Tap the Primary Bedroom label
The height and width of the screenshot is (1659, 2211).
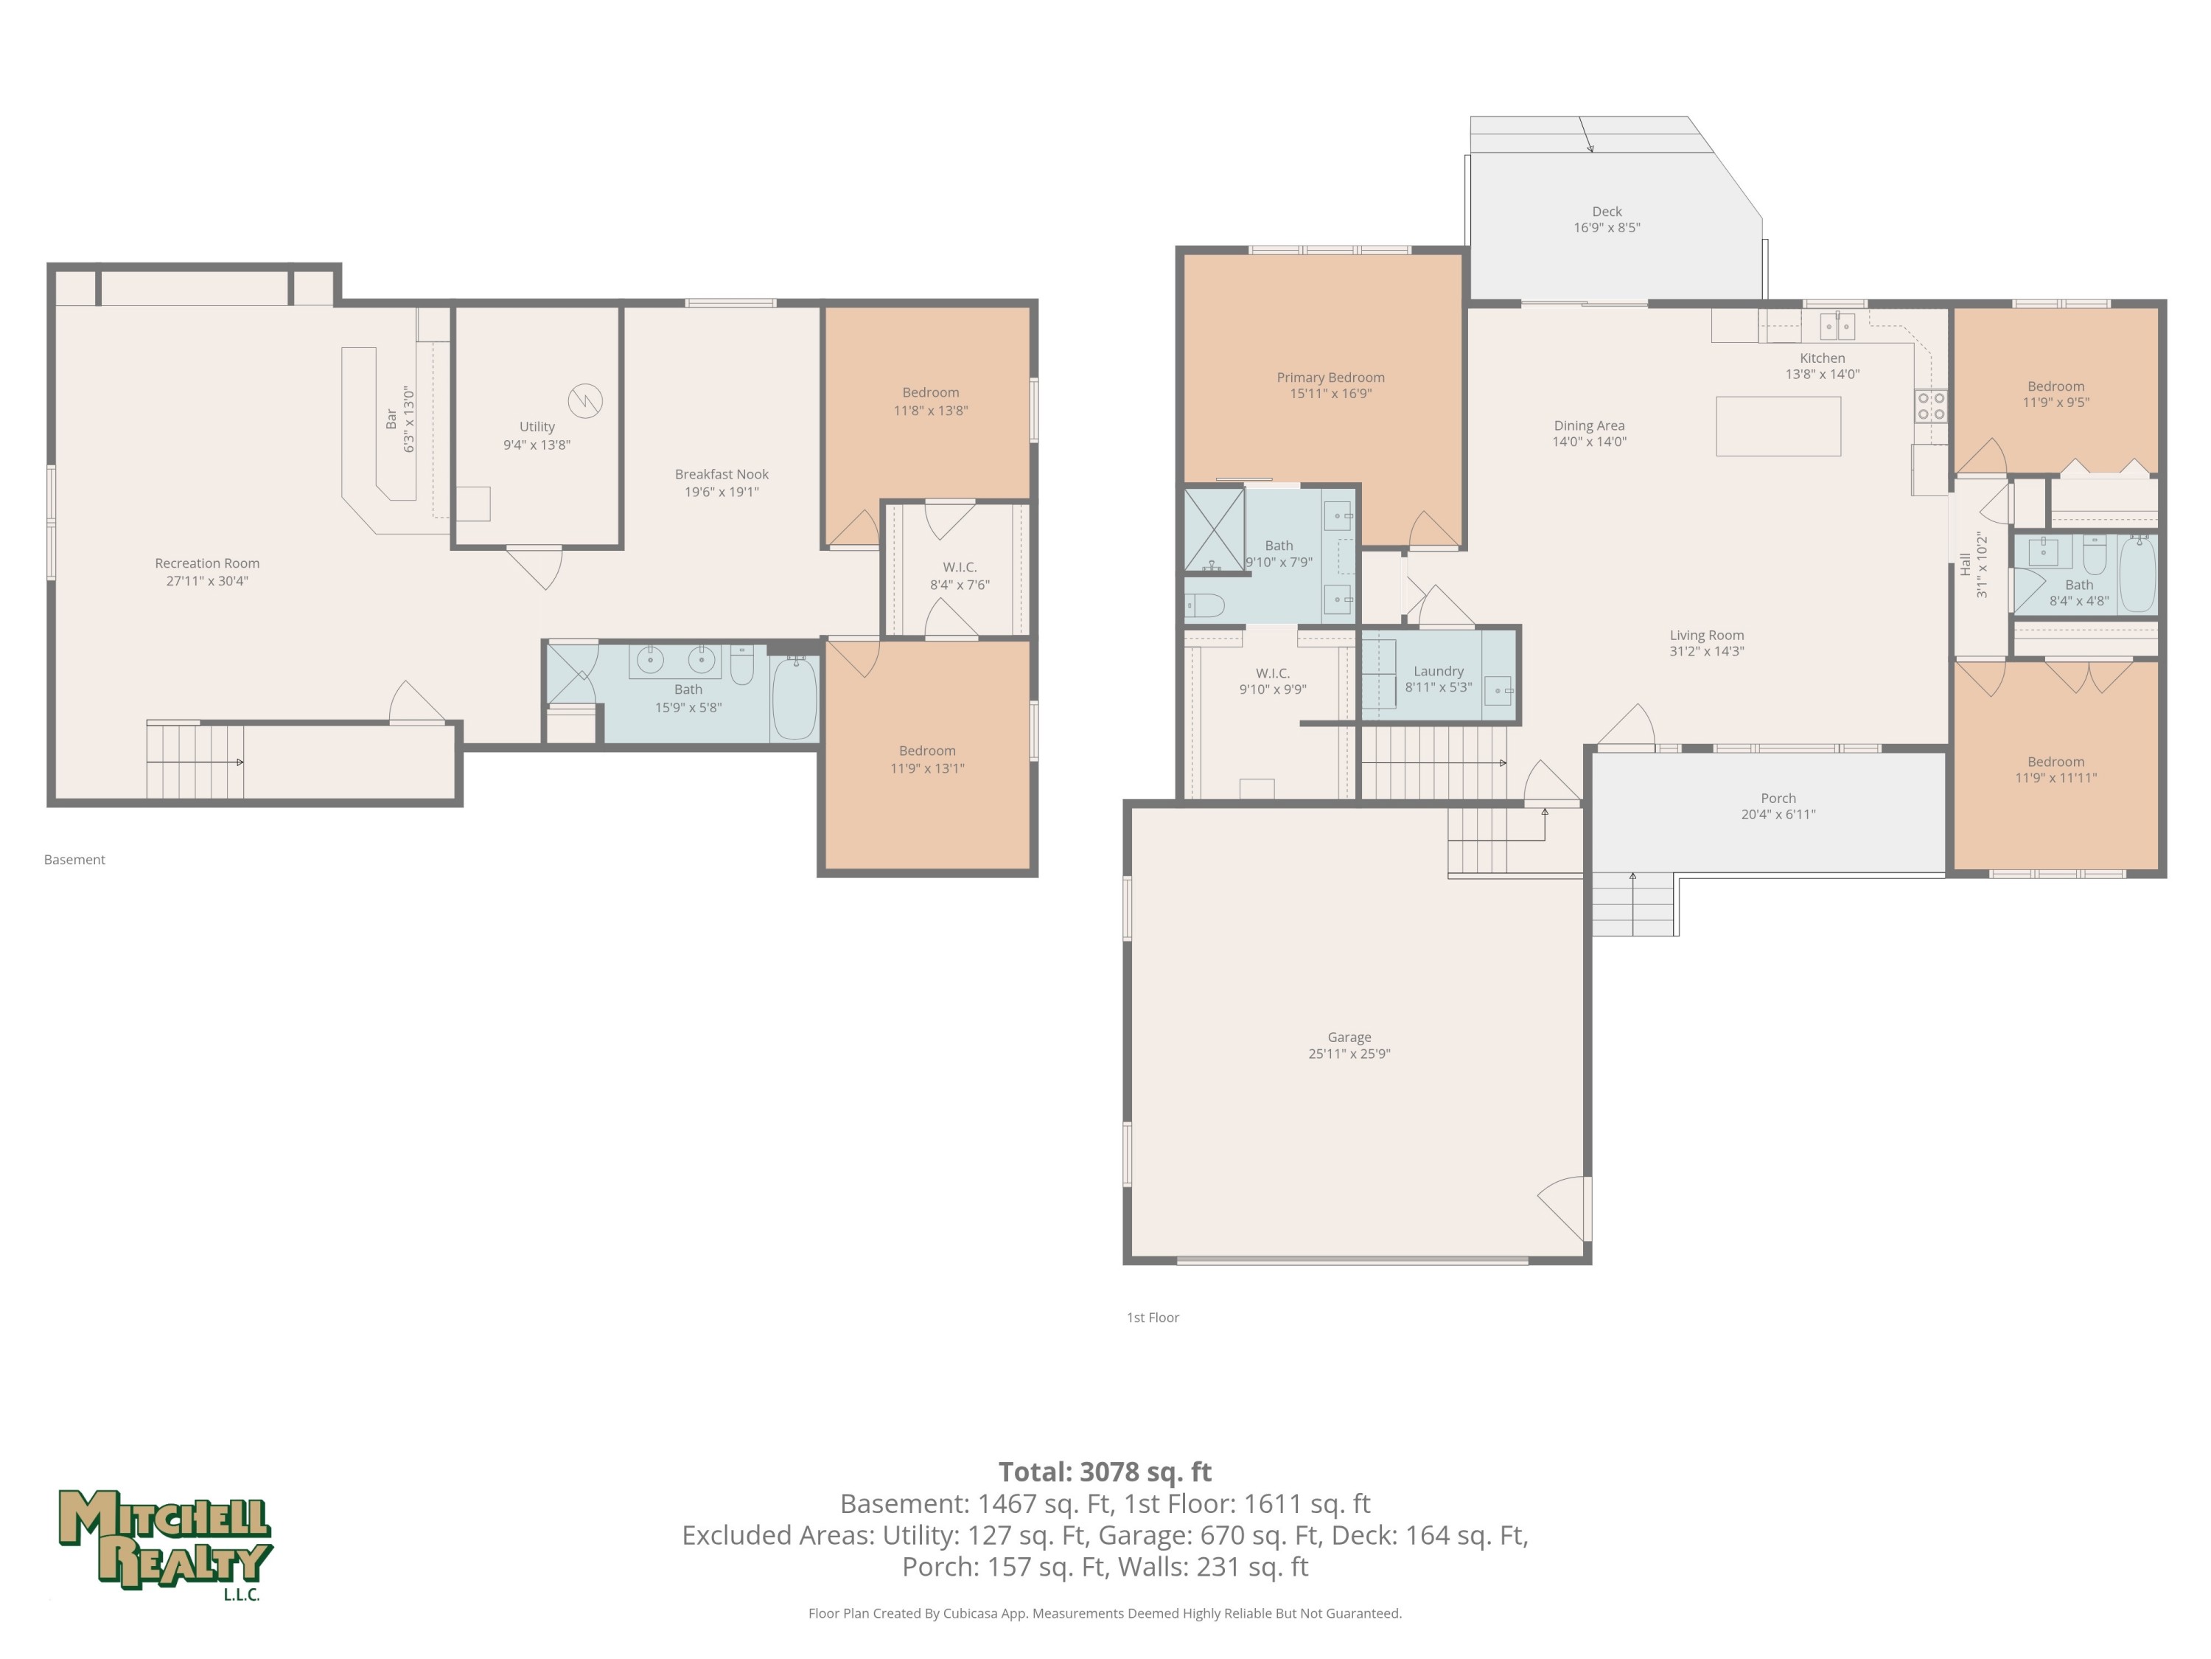[1330, 377]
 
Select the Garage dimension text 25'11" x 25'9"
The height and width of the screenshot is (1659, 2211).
[1349, 1053]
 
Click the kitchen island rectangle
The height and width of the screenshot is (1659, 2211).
[1778, 426]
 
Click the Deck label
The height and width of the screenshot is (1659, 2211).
[1607, 211]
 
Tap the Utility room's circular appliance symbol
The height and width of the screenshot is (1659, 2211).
[586, 401]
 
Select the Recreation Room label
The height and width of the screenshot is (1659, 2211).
[207, 563]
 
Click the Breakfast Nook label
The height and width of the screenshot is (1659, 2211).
[722, 474]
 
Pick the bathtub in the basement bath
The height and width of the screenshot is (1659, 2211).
[794, 698]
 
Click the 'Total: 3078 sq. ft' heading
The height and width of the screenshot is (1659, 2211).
[1105, 1471]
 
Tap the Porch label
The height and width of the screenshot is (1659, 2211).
[1778, 798]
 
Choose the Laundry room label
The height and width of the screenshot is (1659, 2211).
[1439, 671]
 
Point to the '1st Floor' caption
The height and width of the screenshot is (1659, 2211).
[1153, 1317]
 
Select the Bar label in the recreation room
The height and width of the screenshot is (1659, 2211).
[391, 419]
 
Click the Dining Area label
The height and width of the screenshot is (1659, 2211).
[1589, 425]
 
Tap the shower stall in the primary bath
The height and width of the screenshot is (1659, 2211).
[1215, 530]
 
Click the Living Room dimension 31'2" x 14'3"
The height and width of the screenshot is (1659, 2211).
[1706, 651]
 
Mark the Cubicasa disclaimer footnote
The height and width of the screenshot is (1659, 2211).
[1105, 1613]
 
